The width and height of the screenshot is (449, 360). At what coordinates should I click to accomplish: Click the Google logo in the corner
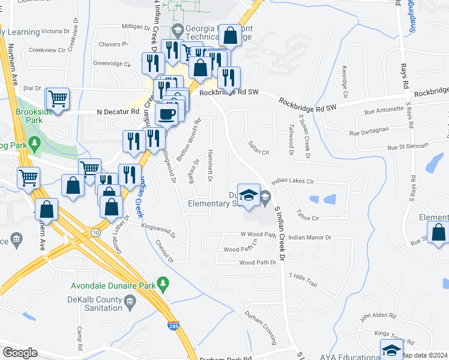coord(19,352)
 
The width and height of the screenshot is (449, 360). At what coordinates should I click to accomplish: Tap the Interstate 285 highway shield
coord(172,325)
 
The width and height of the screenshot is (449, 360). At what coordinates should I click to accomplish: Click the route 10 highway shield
coord(96,231)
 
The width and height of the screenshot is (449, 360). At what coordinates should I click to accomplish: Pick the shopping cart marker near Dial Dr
coord(58,98)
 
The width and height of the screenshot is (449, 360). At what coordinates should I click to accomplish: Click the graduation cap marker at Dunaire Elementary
coord(249,195)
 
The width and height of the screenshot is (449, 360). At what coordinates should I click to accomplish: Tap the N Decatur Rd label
coord(118,112)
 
